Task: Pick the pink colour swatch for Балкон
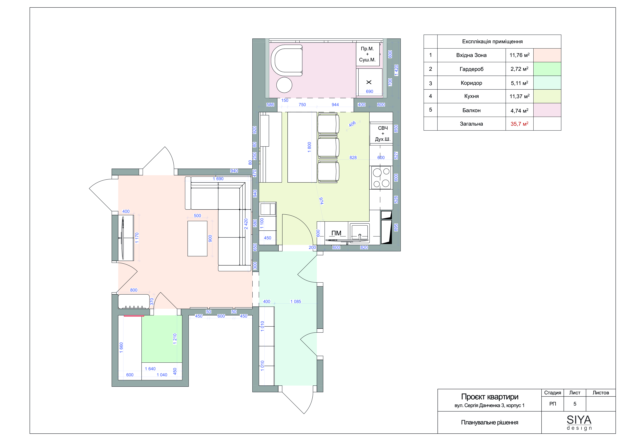547,110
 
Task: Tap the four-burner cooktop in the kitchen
381,178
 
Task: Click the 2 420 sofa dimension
246,224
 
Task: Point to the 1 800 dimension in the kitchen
309,147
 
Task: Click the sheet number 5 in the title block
575,404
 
